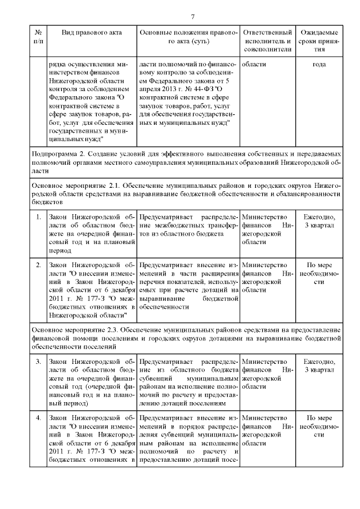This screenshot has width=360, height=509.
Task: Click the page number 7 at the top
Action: click(x=192, y=16)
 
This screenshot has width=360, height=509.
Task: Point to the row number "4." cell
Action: click(x=38, y=418)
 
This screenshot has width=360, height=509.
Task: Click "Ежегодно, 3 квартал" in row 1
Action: click(x=319, y=222)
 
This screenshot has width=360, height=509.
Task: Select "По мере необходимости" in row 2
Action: click(x=319, y=269)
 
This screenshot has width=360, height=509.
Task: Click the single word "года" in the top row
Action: click(x=319, y=64)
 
